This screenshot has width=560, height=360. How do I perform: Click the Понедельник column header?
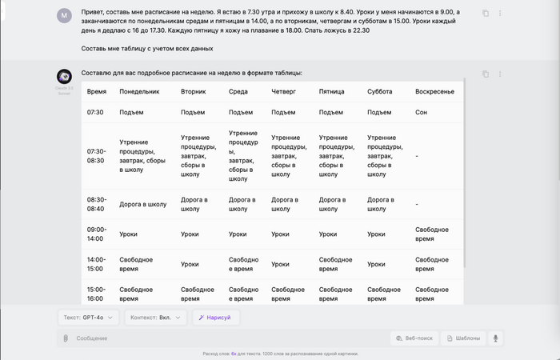click(140, 92)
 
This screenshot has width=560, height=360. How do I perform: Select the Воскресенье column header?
click(434, 92)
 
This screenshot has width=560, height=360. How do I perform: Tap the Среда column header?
click(238, 92)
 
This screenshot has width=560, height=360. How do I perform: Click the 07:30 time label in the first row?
click(95, 113)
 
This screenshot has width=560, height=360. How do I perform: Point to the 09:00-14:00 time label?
click(96, 234)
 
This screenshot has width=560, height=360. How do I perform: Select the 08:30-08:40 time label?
click(96, 204)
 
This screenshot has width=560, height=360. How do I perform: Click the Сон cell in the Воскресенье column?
click(421, 113)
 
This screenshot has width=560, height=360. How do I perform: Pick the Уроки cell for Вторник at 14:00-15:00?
click(190, 265)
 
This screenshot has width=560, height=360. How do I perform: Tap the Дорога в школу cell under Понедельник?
click(143, 204)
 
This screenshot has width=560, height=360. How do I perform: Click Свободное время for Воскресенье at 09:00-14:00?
click(432, 234)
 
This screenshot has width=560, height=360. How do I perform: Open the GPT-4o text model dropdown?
click(90, 318)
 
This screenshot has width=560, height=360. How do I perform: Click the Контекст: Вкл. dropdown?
click(156, 318)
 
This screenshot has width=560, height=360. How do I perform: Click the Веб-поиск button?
click(414, 338)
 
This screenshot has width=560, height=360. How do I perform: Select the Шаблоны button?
click(464, 338)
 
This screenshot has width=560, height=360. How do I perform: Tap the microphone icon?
click(496, 338)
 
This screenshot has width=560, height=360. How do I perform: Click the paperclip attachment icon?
click(66, 338)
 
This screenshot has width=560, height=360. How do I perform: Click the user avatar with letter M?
click(65, 15)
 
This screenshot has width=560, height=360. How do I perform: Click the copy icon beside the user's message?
click(486, 14)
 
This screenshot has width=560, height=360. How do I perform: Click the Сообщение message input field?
click(224, 338)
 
